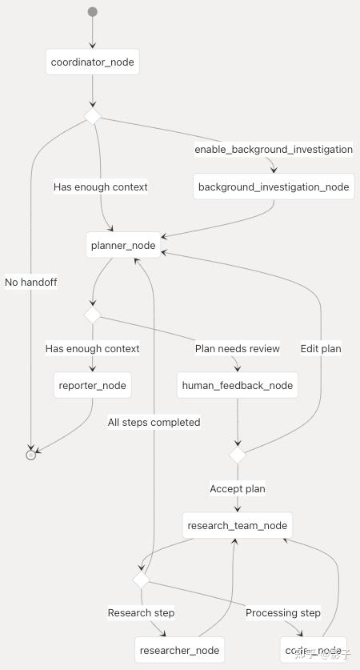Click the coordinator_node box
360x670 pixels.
coord(93,62)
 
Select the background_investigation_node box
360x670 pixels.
coord(274,187)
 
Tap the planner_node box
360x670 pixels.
coord(122,245)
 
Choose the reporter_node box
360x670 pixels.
coord(93,385)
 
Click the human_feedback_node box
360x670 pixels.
coord(238,385)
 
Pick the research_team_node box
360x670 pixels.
coord(237,526)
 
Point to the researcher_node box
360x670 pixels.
coord(177,649)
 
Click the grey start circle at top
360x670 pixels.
coord(93,12)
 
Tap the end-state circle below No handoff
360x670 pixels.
coord(31,454)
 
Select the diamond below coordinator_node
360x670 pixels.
coord(93,117)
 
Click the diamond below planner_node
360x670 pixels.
coord(93,315)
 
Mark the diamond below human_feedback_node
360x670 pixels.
coord(238,455)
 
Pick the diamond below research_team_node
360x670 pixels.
coord(141,579)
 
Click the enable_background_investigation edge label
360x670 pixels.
coord(274,150)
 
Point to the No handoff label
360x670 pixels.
coord(31,282)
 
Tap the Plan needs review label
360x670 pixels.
coord(238,348)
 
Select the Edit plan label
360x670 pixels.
coord(321,348)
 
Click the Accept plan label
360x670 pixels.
coord(238,488)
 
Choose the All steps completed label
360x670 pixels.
coord(154,422)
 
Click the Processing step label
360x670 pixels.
coord(283,613)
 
